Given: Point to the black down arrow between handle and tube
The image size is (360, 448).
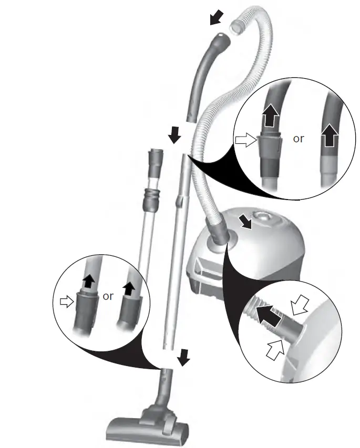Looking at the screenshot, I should pos(174,137).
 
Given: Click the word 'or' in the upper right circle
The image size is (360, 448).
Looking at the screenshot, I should pos(299,139).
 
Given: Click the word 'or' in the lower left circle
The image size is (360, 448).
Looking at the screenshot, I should pos(108,296).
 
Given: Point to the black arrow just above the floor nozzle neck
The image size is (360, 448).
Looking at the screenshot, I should pos(183,358).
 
